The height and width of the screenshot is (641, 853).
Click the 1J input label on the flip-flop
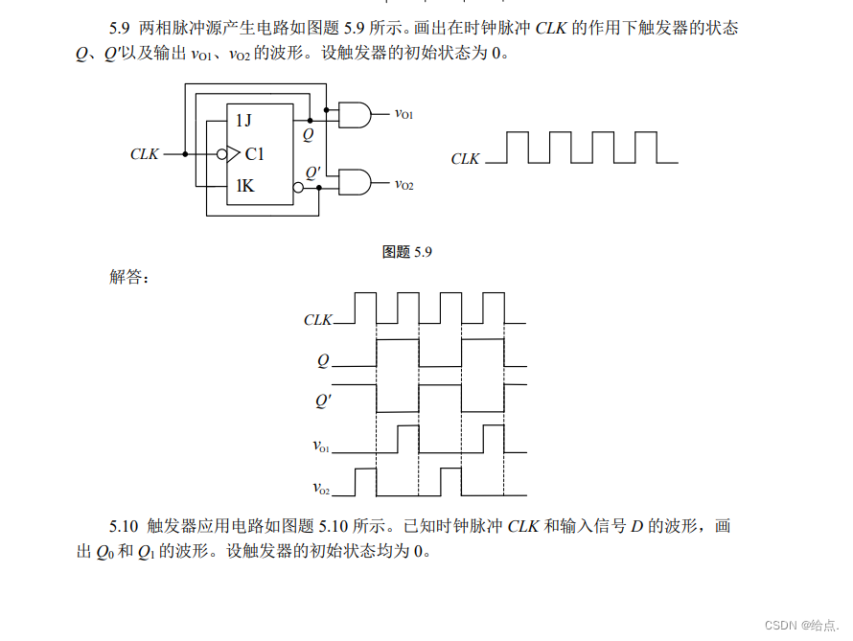point(244,120)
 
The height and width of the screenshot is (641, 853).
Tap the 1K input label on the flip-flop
point(245,186)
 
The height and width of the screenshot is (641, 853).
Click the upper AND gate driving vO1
point(355,115)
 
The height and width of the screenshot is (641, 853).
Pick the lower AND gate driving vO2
point(355,182)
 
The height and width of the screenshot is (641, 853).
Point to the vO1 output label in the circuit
point(404,114)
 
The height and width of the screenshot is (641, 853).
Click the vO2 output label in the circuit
point(404,183)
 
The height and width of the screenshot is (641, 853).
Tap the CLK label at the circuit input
point(145,153)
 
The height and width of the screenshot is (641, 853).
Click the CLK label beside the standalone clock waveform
point(465,159)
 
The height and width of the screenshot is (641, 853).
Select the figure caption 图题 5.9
point(408,252)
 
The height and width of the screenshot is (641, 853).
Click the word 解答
point(129,278)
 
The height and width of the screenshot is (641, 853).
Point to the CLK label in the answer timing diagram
point(317,320)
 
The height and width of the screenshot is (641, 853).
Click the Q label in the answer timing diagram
point(323,361)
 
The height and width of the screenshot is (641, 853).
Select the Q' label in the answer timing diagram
point(323,402)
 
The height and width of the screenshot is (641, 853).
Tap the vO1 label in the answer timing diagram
point(321,446)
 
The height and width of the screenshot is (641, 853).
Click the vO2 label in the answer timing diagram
point(321,489)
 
